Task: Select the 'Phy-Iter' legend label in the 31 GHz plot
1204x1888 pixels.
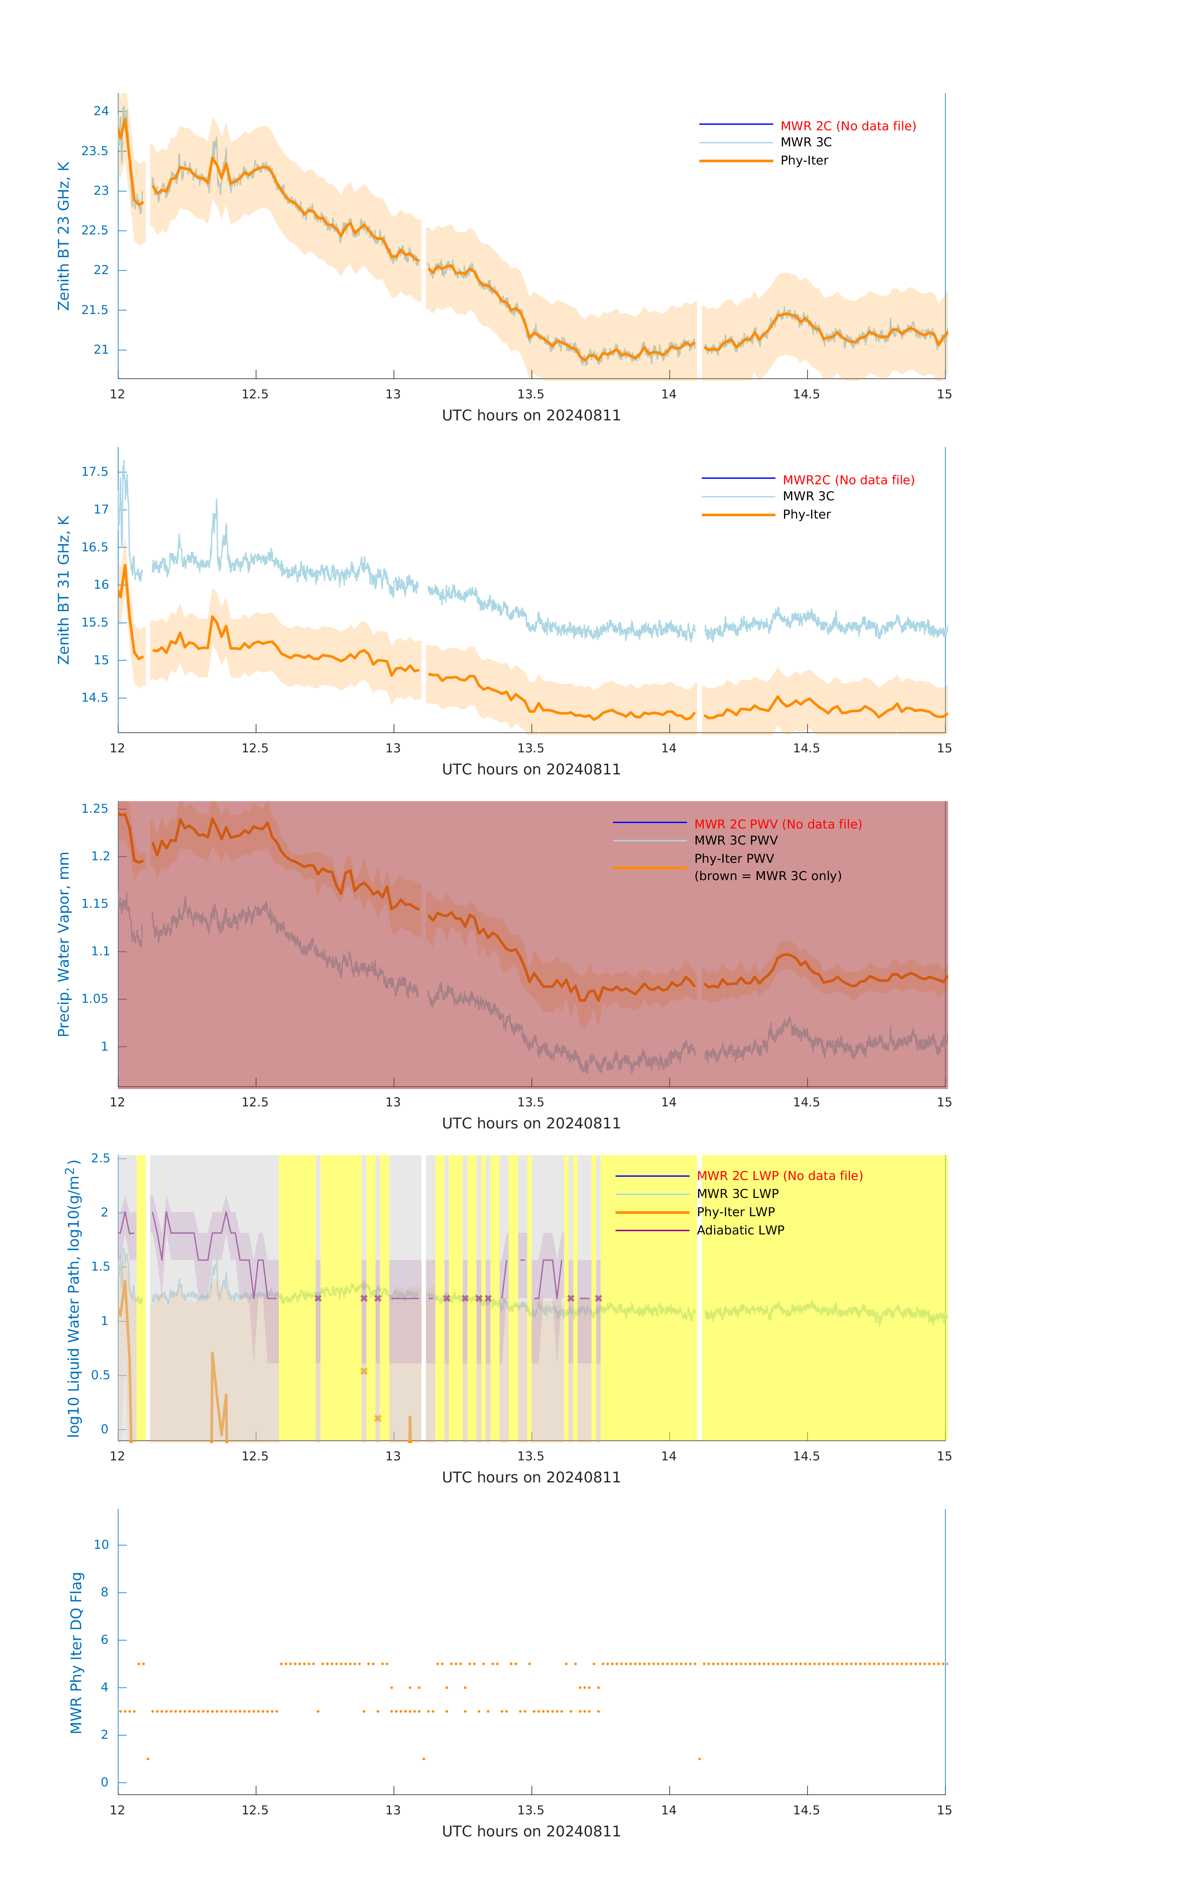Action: (806, 514)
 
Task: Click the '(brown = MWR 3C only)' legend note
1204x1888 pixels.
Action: (767, 876)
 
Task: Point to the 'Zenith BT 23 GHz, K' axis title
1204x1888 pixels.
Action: (64, 236)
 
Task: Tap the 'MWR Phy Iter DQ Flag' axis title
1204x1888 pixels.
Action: (76, 1653)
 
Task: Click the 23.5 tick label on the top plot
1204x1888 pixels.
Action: (95, 150)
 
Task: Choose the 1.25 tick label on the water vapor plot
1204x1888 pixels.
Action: (95, 808)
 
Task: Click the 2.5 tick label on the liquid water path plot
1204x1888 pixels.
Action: (100, 1158)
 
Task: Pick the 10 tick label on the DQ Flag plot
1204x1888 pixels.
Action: (101, 1545)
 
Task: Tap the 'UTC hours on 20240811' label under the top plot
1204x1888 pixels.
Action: (531, 416)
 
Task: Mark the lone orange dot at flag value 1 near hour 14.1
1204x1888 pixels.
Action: (699, 1759)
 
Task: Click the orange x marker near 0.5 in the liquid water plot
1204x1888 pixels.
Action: (364, 1371)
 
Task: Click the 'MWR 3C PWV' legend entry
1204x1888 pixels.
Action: (736, 840)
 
